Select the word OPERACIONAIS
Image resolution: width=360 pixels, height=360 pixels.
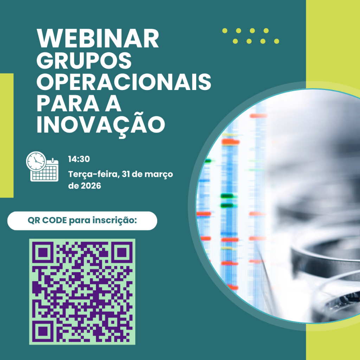124,82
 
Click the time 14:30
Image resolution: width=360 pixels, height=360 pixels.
79,159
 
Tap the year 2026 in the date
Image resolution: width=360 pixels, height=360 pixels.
90,186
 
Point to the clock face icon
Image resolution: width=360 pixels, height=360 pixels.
36,161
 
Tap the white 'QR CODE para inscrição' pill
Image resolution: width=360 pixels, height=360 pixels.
82,221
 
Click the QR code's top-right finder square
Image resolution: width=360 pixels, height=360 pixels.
122,252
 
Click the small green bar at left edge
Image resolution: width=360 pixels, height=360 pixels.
6,135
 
